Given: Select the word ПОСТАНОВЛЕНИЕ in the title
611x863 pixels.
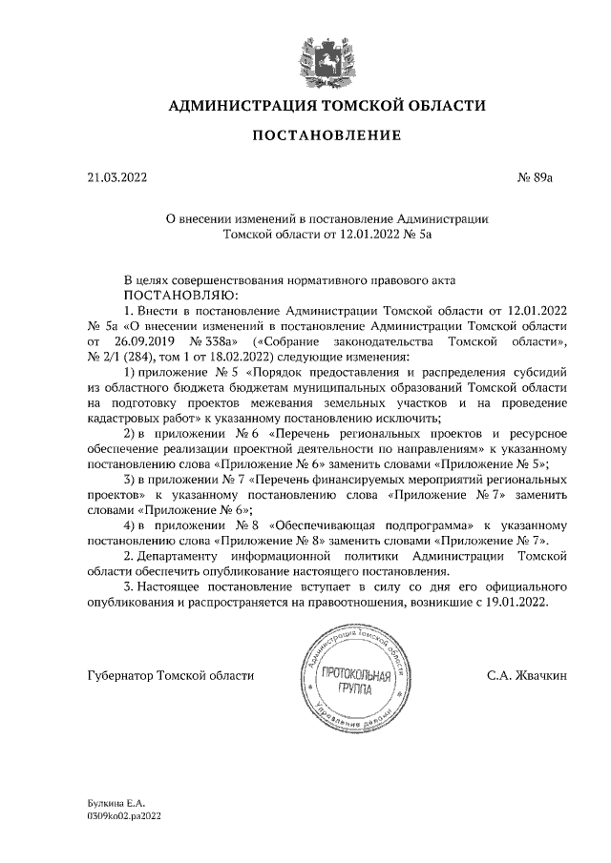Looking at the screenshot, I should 326,136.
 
